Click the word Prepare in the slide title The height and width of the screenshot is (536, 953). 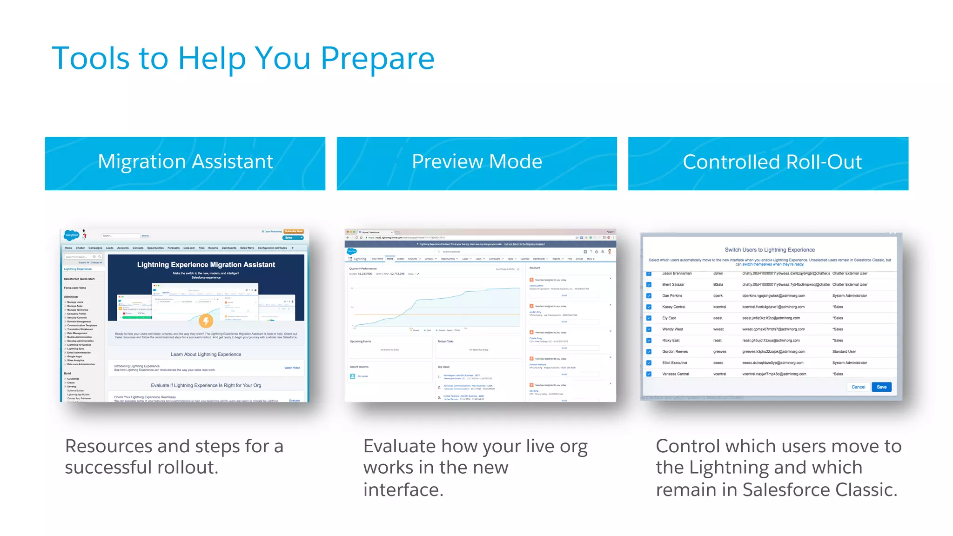coord(377,59)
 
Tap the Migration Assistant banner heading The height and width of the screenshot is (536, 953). coord(185,162)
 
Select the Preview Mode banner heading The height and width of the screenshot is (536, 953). coord(476,162)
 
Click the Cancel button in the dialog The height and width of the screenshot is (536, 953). coord(858,387)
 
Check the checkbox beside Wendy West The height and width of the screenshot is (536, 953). coord(649,329)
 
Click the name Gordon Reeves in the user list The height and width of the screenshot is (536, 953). coord(675,352)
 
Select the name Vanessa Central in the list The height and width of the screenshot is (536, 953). coord(675,374)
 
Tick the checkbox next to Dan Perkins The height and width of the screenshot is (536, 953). coord(649,296)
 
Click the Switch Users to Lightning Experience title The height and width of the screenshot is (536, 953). coord(770,250)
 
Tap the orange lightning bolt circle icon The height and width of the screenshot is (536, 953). coord(206,321)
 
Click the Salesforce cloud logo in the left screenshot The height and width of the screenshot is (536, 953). coord(72,235)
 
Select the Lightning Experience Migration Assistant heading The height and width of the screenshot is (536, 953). coord(206,265)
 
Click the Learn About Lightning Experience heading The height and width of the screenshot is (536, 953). coord(206,355)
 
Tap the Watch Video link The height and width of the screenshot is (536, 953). coord(292,368)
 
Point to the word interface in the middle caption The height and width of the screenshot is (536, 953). coord(403,490)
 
